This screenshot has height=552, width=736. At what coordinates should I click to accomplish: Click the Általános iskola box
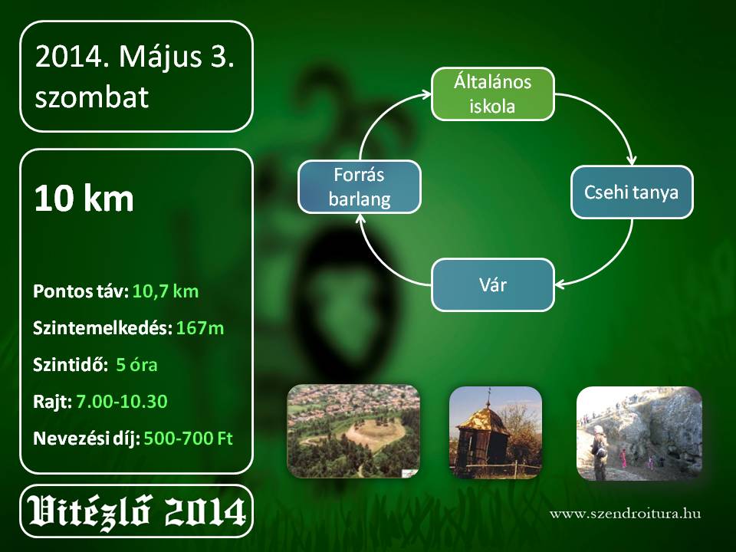point(492,94)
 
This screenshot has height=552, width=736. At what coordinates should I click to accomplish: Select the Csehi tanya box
point(631,192)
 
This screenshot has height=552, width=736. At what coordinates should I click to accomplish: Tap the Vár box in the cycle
point(492,285)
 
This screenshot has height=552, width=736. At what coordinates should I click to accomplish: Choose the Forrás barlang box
point(360,187)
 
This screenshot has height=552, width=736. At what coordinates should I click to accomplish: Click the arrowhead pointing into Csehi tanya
point(632,159)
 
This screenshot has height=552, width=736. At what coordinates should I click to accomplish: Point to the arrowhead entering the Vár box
point(560,284)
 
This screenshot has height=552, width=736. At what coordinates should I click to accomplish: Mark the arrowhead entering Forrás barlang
point(360,219)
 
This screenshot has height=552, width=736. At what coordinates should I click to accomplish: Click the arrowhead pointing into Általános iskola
point(426,94)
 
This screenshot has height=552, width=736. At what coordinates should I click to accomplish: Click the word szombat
point(91,97)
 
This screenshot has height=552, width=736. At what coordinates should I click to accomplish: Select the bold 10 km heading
point(84,198)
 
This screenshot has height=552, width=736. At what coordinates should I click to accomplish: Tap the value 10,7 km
point(166,291)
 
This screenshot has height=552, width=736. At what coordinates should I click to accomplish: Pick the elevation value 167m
point(200,328)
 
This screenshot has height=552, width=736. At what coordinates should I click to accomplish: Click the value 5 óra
point(136,365)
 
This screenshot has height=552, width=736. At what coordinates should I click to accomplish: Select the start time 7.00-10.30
point(122,401)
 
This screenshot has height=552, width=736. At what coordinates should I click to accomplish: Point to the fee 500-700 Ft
point(189,439)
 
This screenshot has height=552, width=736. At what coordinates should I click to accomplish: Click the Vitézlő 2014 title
point(136,511)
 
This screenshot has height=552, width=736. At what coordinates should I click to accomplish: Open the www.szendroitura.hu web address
point(626,513)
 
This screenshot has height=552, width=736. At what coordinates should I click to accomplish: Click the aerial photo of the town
point(353,432)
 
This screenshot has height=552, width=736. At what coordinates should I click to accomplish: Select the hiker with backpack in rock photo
point(599,452)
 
